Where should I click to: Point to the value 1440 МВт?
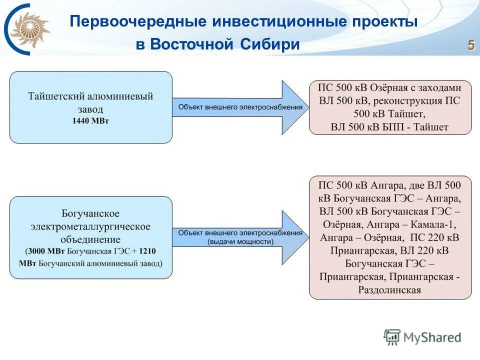(90, 120)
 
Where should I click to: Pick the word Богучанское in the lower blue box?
(90, 214)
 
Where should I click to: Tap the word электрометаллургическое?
(90, 226)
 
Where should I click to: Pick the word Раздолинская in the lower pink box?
(389, 290)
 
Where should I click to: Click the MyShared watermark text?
(432, 337)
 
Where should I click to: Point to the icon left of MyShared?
(392, 337)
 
